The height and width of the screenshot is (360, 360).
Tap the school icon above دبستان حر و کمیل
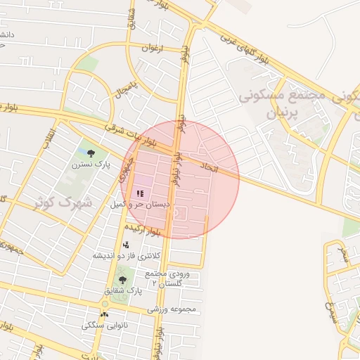click(x=139, y=192)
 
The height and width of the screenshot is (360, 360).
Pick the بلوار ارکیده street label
click(x=143, y=229)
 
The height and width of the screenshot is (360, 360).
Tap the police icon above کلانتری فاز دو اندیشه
click(x=126, y=245)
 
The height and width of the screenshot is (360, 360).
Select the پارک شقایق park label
click(x=124, y=291)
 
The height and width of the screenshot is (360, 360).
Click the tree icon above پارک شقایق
click(x=123, y=280)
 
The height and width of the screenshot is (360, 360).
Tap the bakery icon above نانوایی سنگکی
click(x=105, y=314)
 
